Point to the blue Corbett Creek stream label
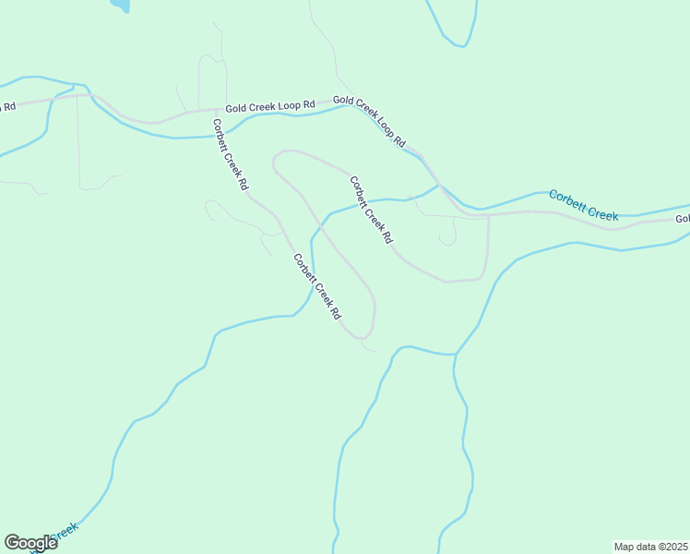[583, 205]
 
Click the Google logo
[30, 543]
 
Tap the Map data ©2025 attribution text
[650, 546]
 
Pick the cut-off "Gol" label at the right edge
[683, 219]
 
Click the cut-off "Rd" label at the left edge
[7, 106]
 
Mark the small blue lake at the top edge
[120, 5]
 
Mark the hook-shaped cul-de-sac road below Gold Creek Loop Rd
[448, 233]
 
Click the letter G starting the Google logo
[12, 543]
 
